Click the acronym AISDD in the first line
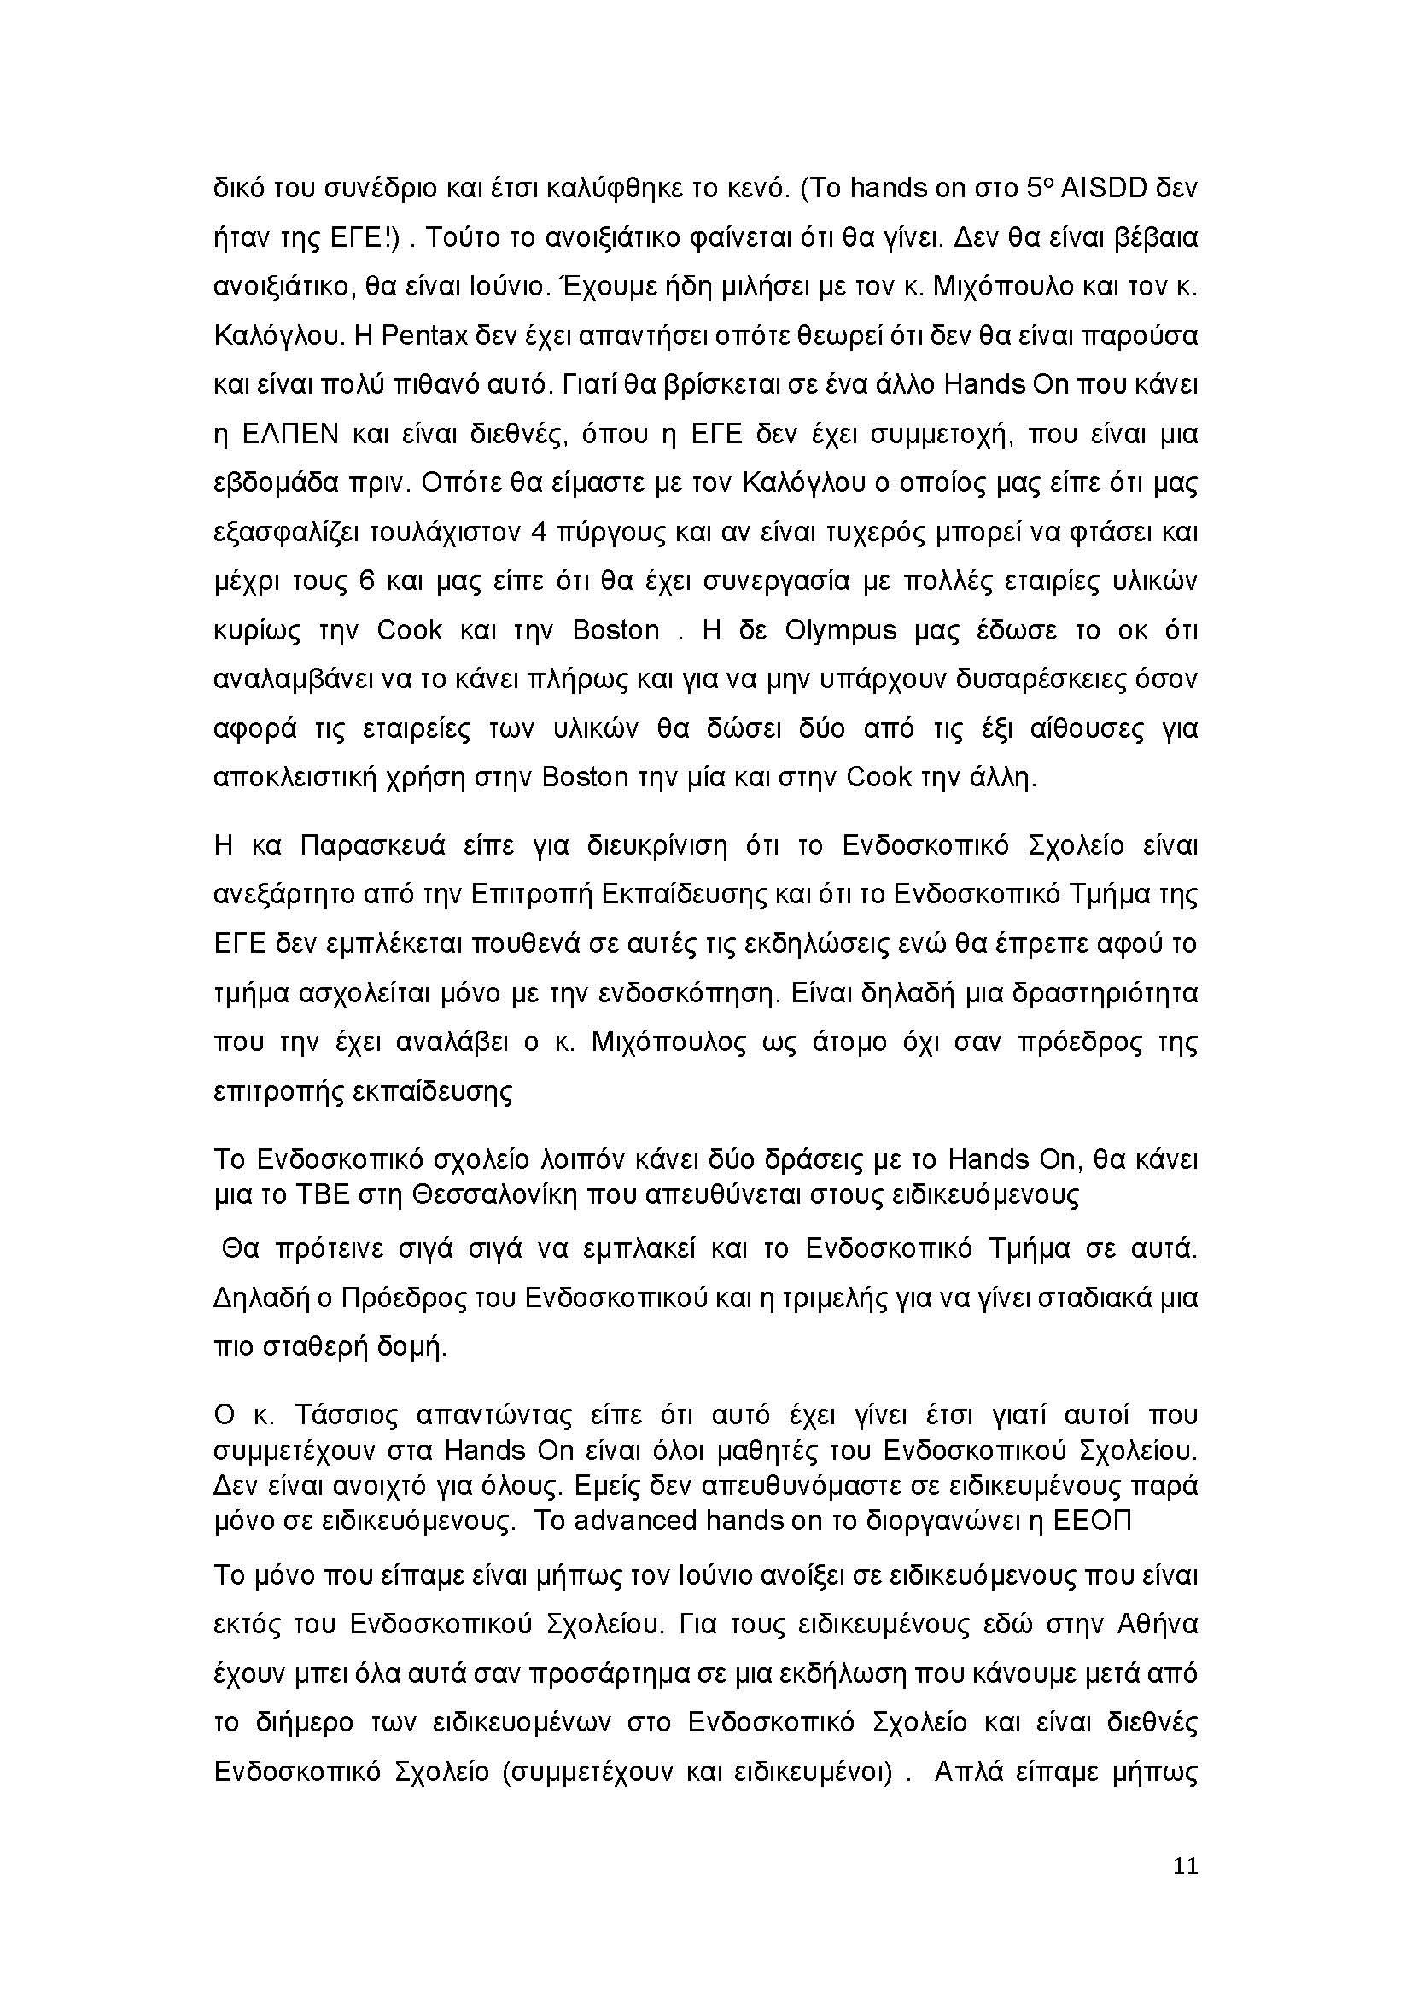click(1102, 188)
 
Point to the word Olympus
click(840, 630)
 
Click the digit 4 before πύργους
click(537, 532)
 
